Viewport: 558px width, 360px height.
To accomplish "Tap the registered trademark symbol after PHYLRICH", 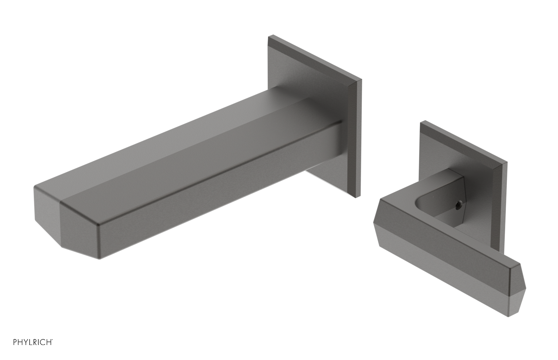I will (x=53, y=339).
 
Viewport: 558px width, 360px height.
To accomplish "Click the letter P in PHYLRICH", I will (x=15, y=342).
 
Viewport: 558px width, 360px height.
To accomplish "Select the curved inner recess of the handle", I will (x=424, y=206).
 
